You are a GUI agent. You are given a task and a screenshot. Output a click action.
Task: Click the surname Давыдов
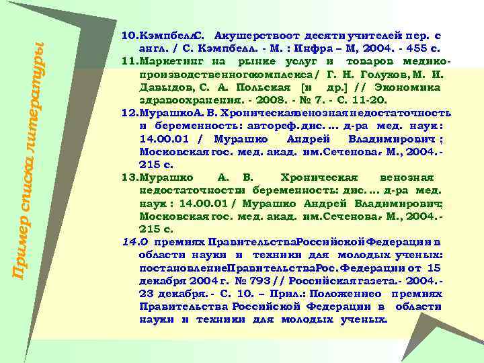pyautogui.click(x=161, y=87)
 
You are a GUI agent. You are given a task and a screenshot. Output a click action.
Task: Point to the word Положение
pyautogui.click(x=344, y=294)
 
